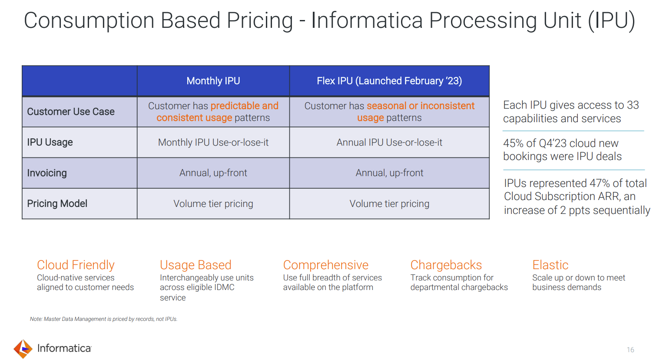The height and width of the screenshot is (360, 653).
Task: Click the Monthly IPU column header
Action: pyautogui.click(x=213, y=81)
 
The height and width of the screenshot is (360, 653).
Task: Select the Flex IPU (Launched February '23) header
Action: pyautogui.click(x=389, y=81)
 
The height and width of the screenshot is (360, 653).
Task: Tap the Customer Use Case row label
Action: pyautogui.click(x=71, y=112)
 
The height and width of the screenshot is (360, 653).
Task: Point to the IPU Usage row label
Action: pyautogui.click(x=50, y=142)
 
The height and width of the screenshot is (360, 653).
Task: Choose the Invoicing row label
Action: pyautogui.click(x=47, y=173)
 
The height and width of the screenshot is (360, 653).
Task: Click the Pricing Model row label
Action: pyautogui.click(x=57, y=203)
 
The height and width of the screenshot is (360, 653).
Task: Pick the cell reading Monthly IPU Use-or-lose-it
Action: pyautogui.click(x=213, y=142)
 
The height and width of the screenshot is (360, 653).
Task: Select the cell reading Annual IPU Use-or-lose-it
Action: pyautogui.click(x=389, y=142)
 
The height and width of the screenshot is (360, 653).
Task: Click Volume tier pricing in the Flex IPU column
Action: pyautogui.click(x=389, y=203)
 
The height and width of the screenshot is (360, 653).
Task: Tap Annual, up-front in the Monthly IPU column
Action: pyautogui.click(x=213, y=173)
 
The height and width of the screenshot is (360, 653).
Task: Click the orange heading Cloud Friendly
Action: pyautogui.click(x=76, y=265)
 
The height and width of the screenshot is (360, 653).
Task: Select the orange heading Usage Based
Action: pyautogui.click(x=196, y=265)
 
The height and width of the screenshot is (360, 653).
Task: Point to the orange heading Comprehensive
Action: pyautogui.click(x=325, y=265)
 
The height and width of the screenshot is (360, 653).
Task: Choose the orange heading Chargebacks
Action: pyautogui.click(x=446, y=265)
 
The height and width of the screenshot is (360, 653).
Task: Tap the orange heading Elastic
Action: pyautogui.click(x=550, y=265)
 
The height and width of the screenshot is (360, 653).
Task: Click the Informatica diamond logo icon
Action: pyautogui.click(x=23, y=349)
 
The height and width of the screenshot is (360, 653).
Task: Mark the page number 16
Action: pyautogui.click(x=630, y=350)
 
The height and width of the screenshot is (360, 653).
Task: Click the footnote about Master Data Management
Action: pyautogui.click(x=103, y=319)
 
